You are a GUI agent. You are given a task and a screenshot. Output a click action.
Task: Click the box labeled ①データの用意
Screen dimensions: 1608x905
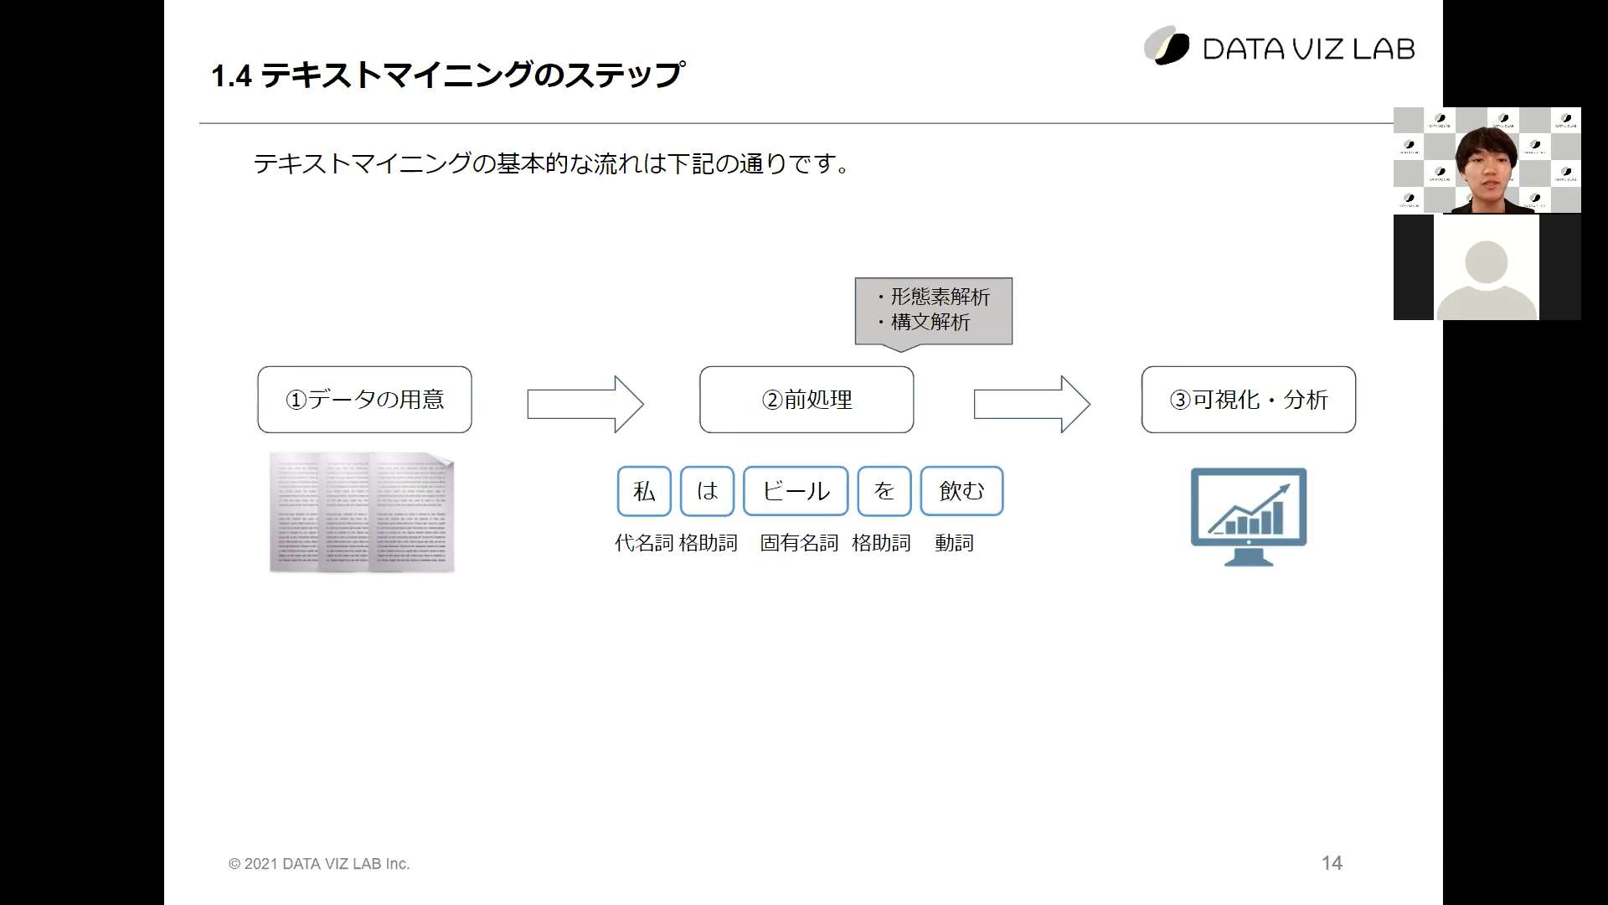coord(364,400)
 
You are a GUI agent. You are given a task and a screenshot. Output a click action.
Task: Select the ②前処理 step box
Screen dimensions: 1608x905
coord(807,400)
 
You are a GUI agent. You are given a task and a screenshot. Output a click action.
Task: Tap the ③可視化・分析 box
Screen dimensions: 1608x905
coord(1249,400)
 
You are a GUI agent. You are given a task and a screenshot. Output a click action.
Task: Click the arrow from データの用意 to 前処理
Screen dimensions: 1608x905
coord(585,404)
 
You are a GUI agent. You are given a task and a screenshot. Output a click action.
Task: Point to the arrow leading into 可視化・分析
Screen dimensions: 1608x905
coord(1032,404)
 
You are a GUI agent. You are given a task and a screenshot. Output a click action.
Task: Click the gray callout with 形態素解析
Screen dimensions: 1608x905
coord(934,312)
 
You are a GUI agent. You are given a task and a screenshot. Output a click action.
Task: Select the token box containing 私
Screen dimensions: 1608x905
coord(644,491)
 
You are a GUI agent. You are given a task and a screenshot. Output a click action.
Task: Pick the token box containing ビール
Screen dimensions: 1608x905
coord(796,491)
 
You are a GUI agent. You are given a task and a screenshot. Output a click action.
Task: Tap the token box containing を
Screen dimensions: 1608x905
coord(884,491)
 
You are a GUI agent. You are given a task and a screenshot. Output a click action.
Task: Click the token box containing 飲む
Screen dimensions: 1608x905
coord(961,491)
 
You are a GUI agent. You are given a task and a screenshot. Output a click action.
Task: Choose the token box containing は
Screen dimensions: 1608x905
coord(707,491)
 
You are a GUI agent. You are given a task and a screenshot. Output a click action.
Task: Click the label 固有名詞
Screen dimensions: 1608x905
coord(799,543)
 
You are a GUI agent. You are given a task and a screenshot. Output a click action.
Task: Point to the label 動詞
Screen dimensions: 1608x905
coord(955,543)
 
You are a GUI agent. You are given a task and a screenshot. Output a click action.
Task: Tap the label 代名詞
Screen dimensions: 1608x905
coord(643,543)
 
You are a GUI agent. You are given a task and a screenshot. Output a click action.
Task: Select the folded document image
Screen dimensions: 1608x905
coord(362,513)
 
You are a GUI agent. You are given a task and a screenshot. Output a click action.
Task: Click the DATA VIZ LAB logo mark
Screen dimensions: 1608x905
coord(1167,45)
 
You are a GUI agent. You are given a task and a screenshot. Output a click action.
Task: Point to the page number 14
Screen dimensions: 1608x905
coord(1332,863)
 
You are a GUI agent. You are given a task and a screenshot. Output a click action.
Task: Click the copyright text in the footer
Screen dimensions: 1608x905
coord(319,864)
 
